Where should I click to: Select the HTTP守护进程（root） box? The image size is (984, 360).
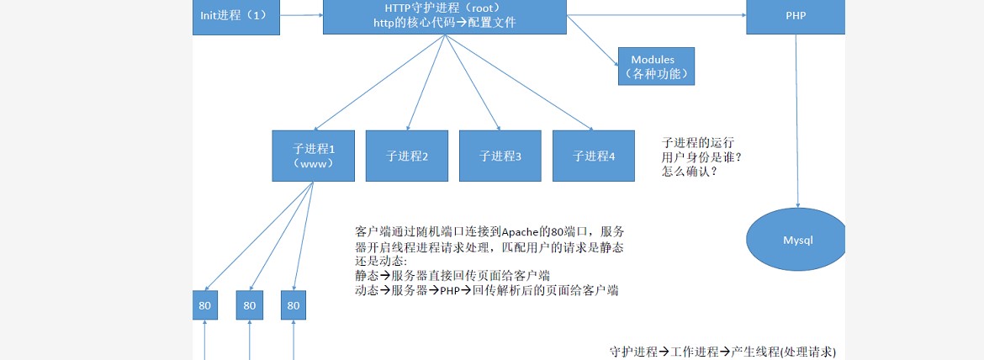(x=444, y=16)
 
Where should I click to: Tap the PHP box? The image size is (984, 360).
(x=795, y=16)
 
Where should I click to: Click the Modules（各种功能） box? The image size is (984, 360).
(x=658, y=66)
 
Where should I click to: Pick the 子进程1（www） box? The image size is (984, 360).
(x=313, y=156)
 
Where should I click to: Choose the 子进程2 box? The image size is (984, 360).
(x=407, y=156)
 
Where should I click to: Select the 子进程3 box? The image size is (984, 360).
(x=500, y=156)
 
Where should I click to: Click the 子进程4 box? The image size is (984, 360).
(x=594, y=156)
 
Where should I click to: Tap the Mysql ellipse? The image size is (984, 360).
(x=797, y=240)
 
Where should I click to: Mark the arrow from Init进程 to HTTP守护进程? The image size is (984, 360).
(x=301, y=14)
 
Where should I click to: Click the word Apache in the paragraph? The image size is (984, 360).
(x=526, y=232)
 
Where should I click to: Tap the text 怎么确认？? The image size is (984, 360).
(x=690, y=171)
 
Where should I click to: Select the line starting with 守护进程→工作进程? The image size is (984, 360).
(x=722, y=352)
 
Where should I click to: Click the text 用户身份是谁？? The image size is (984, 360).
(x=702, y=156)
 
